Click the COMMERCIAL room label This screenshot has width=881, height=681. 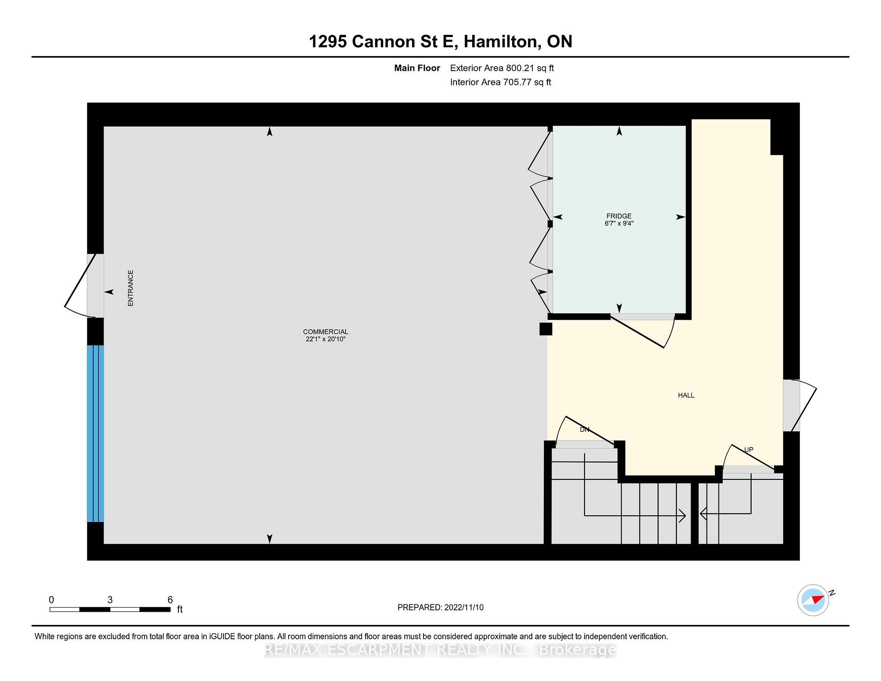325,332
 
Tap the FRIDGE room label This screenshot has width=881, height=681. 619,216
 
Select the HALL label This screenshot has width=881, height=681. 686,395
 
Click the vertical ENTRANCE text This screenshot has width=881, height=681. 130,288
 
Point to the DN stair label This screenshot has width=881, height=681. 585,430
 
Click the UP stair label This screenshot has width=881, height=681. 748,450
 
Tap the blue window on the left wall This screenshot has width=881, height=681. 95,434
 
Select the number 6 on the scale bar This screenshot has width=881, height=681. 170,600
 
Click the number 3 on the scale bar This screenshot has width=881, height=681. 110,600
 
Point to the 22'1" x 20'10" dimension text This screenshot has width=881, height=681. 325,339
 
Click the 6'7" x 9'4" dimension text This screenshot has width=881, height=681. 619,223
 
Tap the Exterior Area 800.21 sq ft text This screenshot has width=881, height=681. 502,68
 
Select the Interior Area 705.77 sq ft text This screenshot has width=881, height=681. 501,82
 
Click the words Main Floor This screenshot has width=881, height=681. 417,68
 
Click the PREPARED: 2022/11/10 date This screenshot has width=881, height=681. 440,608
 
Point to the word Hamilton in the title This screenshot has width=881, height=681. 501,42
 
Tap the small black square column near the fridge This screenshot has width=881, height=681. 546,329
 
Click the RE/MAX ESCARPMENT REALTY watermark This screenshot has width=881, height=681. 440,650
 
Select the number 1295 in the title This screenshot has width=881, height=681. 328,42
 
